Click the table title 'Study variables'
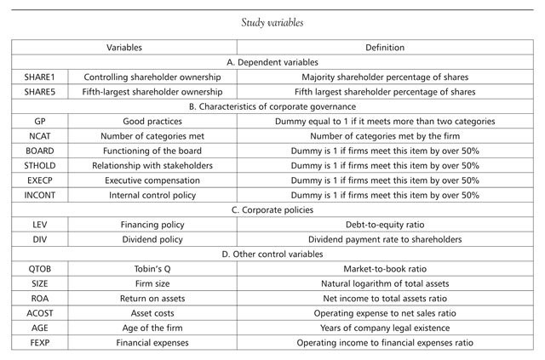(272, 23)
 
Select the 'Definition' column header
(385, 48)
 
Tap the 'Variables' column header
(124, 48)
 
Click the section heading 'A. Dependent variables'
(272, 62)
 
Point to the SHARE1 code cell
(40, 77)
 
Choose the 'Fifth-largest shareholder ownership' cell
(152, 92)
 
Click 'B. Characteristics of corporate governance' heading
(272, 106)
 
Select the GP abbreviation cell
(40, 121)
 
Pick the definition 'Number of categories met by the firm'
(385, 136)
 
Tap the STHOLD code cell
(40, 166)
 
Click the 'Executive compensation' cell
(152, 180)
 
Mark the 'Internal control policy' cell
(152, 195)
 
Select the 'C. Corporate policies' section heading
(272, 210)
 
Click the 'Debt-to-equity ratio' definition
(385, 225)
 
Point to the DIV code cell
(40, 239)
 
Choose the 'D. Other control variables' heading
(272, 254)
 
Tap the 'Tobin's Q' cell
(152, 269)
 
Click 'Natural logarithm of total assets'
(385, 283)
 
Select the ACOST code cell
(40, 313)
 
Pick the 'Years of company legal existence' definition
(385, 328)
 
